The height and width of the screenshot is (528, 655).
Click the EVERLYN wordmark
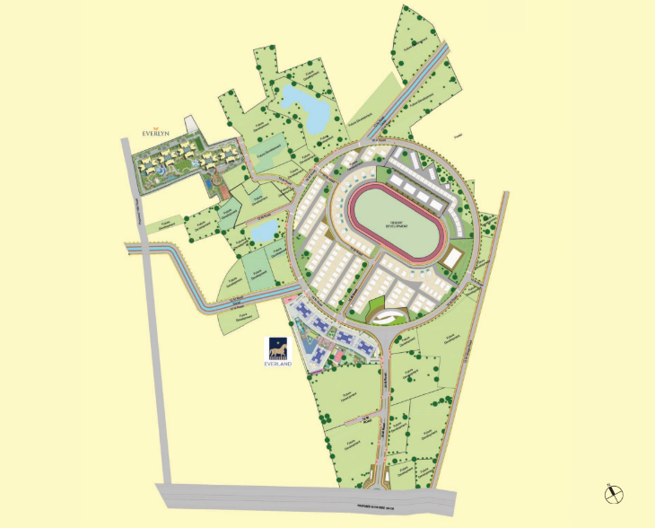[156, 133]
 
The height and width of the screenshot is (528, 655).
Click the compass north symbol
[616, 492]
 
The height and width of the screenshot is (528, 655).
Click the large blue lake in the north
[305, 106]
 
